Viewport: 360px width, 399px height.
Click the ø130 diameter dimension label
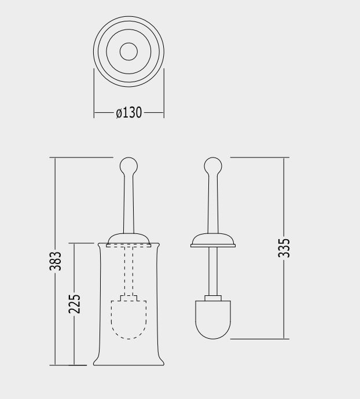pos(128,112)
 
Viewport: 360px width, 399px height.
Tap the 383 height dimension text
pos(56,261)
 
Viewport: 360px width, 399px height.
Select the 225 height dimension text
pos(74,304)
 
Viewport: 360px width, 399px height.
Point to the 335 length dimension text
pos(284,248)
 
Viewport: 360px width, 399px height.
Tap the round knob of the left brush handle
pos(128,166)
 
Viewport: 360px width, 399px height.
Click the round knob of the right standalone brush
pos(213,166)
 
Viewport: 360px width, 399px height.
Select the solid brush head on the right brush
pos(213,320)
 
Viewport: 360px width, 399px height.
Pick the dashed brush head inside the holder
pos(128,320)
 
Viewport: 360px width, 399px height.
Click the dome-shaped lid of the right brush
pos(213,240)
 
